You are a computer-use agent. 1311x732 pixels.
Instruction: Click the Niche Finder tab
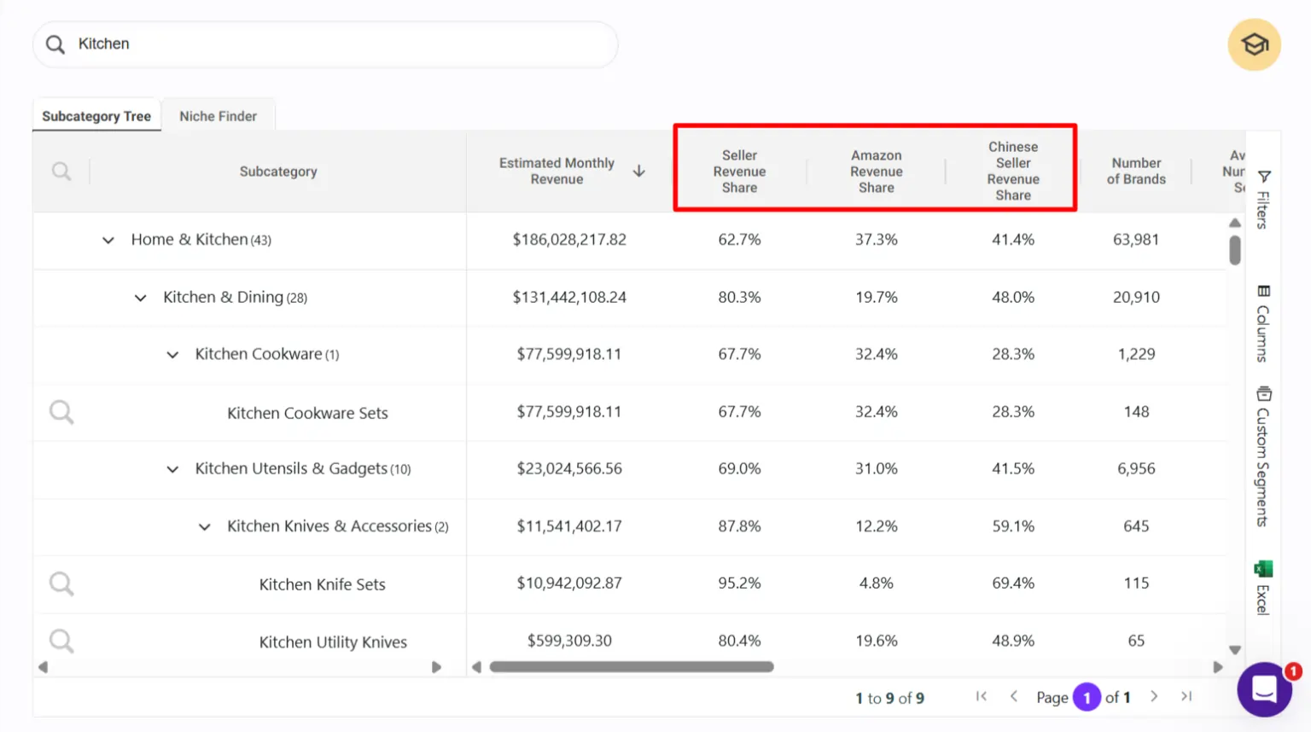point(218,116)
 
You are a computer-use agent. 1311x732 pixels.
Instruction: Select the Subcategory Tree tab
point(96,116)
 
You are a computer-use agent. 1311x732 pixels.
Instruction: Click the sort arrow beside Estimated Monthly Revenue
point(638,171)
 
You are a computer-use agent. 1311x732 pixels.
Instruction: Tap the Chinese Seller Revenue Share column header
point(1012,171)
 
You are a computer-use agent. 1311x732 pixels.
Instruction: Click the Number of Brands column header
point(1135,171)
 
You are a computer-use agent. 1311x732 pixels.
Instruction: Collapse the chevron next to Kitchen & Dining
point(140,298)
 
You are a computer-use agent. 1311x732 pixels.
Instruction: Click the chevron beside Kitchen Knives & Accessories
point(204,527)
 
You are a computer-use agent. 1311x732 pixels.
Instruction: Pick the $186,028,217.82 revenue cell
point(569,240)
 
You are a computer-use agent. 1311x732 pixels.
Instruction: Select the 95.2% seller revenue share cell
point(739,584)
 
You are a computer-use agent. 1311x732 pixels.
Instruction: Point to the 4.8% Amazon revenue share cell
point(876,584)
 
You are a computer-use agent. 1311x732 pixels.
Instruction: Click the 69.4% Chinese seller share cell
point(1012,584)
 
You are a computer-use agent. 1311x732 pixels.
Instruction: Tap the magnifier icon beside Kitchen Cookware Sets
point(61,413)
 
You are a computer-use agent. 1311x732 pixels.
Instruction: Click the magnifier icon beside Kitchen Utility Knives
point(61,641)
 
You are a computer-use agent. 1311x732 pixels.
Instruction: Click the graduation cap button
point(1254,44)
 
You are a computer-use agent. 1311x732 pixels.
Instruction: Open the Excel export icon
point(1263,569)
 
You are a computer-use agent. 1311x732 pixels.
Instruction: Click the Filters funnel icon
point(1264,177)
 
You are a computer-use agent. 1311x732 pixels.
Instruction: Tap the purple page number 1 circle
point(1087,698)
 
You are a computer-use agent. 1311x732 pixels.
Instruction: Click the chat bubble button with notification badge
point(1264,689)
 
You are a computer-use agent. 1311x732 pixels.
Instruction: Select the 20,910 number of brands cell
point(1135,298)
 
